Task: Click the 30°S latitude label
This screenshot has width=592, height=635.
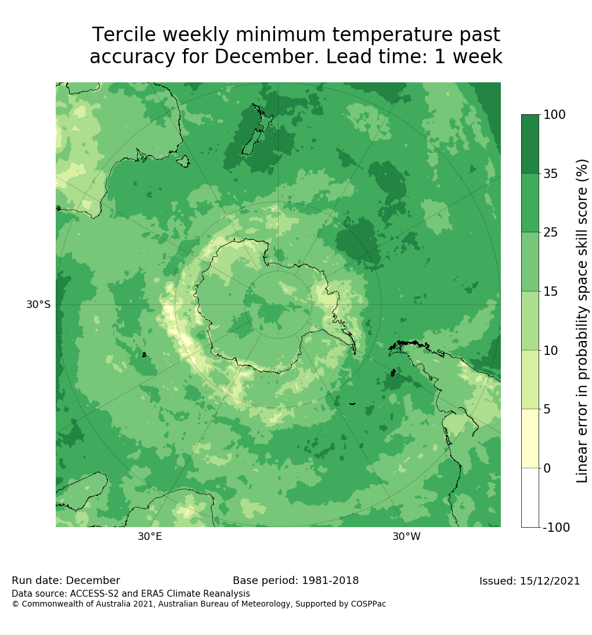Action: click(38, 304)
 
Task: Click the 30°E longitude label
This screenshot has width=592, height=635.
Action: click(150, 536)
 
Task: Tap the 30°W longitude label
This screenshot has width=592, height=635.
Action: click(406, 536)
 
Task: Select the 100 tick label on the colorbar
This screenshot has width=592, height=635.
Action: click(554, 115)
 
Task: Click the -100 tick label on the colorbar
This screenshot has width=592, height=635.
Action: click(556, 528)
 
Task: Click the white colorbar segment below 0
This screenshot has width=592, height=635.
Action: click(530, 498)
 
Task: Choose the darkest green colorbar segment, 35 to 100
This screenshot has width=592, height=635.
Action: click(530, 144)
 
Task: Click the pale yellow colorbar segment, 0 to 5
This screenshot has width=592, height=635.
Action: click(530, 438)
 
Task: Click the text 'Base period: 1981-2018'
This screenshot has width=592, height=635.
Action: click(295, 580)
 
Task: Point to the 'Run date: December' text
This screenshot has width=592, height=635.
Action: click(66, 580)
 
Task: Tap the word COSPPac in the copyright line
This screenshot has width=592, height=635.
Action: click(368, 604)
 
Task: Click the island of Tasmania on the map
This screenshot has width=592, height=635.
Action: click(183, 161)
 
